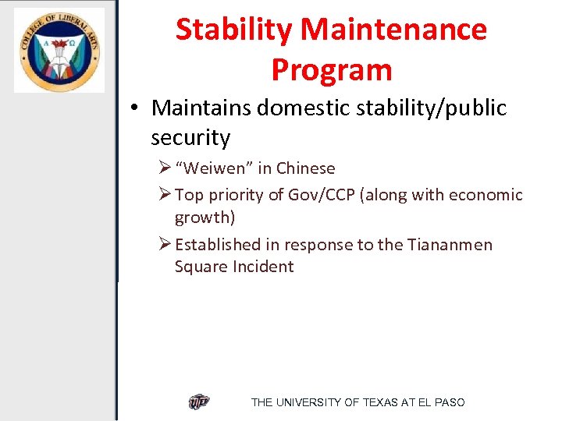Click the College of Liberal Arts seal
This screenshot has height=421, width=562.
coord(59,51)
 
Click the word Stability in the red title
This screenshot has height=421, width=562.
coord(234,30)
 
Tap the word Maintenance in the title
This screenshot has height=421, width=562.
coord(394,30)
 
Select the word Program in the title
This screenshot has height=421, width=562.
coord(331,70)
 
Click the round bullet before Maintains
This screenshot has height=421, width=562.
coord(136,108)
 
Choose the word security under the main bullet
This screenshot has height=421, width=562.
coord(190,138)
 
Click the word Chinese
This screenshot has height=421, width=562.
coord(305,168)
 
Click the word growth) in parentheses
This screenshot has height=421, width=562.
coord(205,217)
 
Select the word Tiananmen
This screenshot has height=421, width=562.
coord(450,245)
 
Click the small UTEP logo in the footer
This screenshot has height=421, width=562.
coord(199,402)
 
